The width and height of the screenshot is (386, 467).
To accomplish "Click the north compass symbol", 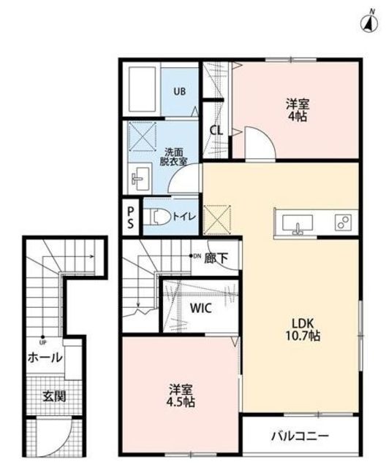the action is tap(369, 23).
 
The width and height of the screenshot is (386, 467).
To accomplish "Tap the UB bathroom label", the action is tap(180, 91).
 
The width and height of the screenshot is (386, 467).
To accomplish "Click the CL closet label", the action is tap(216, 130).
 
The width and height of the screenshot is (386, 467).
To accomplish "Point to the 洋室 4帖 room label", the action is tap(298, 110).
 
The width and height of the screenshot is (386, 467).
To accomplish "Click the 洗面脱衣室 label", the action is tap(173, 157).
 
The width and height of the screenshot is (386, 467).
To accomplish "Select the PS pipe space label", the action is tap(131, 217).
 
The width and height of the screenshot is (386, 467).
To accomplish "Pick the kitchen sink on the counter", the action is tap(298, 224).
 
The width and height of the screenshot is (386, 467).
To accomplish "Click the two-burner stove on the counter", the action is tap(343, 223).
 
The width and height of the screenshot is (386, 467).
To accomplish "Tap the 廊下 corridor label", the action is tap(216, 258).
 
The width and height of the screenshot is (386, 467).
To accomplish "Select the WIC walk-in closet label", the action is tap(201, 308).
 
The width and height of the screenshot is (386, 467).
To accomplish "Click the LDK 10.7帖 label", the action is tap(303, 329).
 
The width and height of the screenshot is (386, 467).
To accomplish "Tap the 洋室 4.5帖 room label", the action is tap(181, 395).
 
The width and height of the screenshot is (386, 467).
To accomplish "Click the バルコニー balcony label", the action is tap(300, 436).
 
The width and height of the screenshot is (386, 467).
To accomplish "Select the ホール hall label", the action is tap(45, 358).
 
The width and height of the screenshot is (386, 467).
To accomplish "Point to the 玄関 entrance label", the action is tap(54, 396).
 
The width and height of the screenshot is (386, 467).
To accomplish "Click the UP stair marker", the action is tap(43, 340).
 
